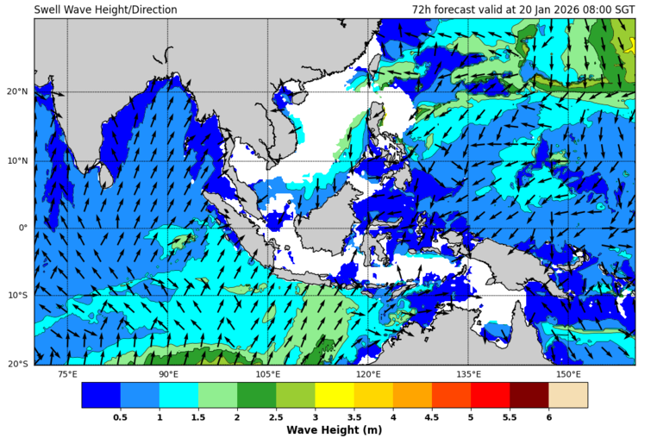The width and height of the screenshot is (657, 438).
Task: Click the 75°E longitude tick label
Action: pos(67,374)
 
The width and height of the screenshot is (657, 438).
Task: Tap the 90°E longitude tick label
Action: pos(168,374)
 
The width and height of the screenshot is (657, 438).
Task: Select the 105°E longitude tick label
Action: pos(268,374)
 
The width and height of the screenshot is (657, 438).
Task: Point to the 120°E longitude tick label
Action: pos(368,374)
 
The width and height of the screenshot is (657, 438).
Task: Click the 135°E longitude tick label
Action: pos(468,374)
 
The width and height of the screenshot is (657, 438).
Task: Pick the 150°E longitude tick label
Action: pos(568,374)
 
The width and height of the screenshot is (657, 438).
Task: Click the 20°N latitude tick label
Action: pos(17,92)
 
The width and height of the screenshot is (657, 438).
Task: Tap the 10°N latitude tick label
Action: pos(17,160)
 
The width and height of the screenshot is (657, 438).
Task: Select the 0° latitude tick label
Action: pos(22,228)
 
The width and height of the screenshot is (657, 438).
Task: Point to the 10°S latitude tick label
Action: pos(17,296)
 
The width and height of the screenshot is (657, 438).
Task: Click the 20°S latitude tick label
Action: pos(17,364)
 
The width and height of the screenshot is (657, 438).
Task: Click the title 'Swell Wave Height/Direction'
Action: pos(105,9)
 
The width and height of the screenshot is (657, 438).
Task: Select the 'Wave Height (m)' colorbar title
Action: pos(334,429)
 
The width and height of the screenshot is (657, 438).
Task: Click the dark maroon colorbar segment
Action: pos(529,395)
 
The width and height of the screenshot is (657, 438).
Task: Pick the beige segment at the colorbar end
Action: pos(567,395)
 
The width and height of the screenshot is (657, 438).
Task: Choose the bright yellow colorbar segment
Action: pos(334,395)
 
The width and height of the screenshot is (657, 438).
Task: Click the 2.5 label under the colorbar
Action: pos(276,416)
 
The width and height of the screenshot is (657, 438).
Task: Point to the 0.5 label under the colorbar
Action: pos(121,416)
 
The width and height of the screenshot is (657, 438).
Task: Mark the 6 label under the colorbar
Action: pos(548,416)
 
